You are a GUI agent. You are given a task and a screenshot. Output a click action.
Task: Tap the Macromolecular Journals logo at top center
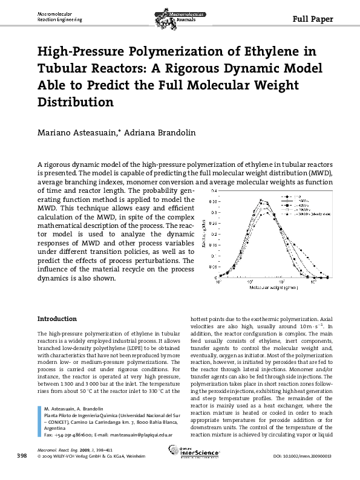[x=179, y=13]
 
